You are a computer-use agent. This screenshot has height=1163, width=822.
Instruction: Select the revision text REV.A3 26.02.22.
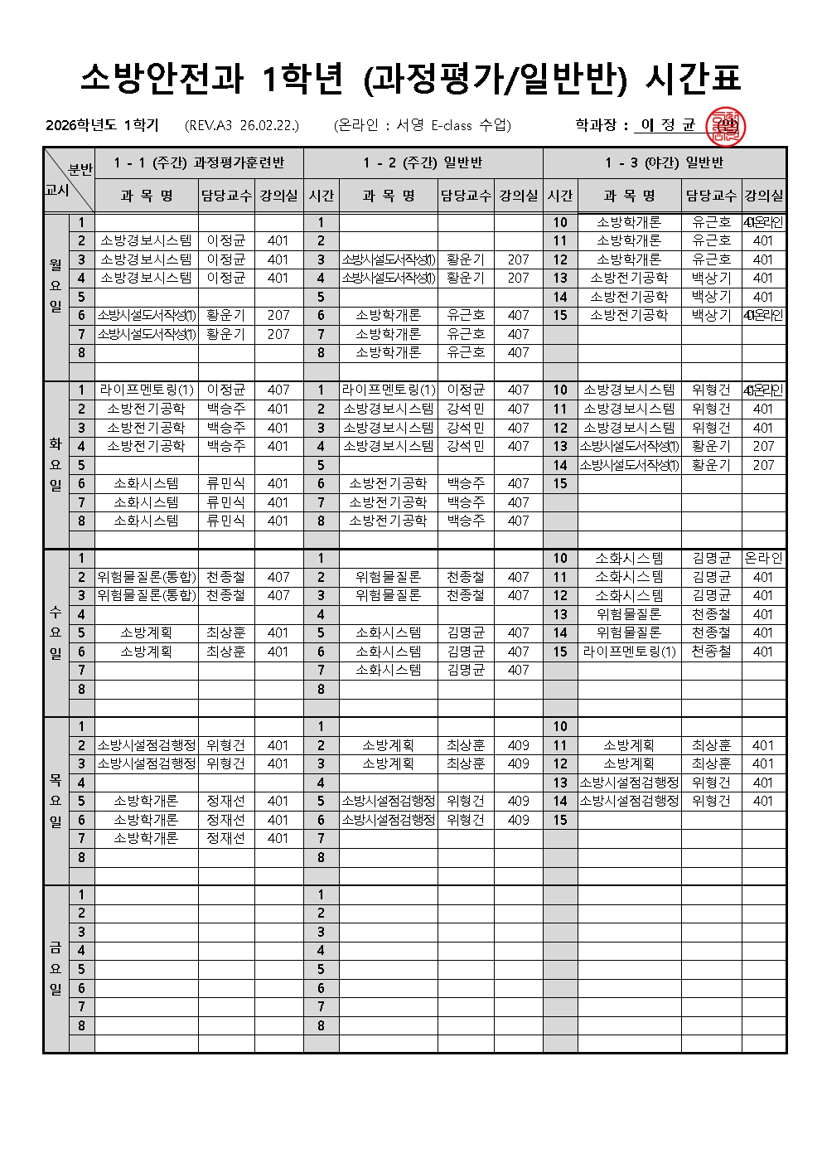(x=242, y=126)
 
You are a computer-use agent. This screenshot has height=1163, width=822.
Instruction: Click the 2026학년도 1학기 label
(x=102, y=126)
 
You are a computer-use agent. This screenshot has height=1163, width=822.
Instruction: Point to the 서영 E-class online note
(x=423, y=126)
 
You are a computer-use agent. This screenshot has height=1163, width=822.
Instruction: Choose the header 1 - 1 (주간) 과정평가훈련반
(x=199, y=163)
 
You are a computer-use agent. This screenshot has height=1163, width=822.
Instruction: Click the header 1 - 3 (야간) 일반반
(x=664, y=163)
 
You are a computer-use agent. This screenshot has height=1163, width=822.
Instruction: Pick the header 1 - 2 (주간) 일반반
(x=423, y=163)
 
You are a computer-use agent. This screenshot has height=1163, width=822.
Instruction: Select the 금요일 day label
(x=56, y=968)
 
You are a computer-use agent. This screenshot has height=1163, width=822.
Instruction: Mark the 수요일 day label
(x=56, y=632)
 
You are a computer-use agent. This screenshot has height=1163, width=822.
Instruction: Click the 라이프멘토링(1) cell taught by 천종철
(x=629, y=652)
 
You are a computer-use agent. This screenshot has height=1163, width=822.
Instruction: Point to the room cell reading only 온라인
(x=763, y=558)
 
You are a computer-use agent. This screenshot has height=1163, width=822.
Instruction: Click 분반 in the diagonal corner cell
(x=80, y=169)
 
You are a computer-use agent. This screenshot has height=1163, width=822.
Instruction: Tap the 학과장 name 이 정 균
(x=667, y=126)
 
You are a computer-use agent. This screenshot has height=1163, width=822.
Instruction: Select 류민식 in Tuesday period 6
(x=225, y=483)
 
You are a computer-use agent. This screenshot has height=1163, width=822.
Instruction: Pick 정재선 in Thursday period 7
(x=225, y=838)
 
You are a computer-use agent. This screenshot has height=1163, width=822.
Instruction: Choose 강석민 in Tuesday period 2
(x=465, y=409)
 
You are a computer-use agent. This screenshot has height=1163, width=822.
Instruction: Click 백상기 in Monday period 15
(x=711, y=315)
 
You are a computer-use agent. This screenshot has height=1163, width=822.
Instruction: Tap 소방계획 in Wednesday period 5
(x=146, y=632)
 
